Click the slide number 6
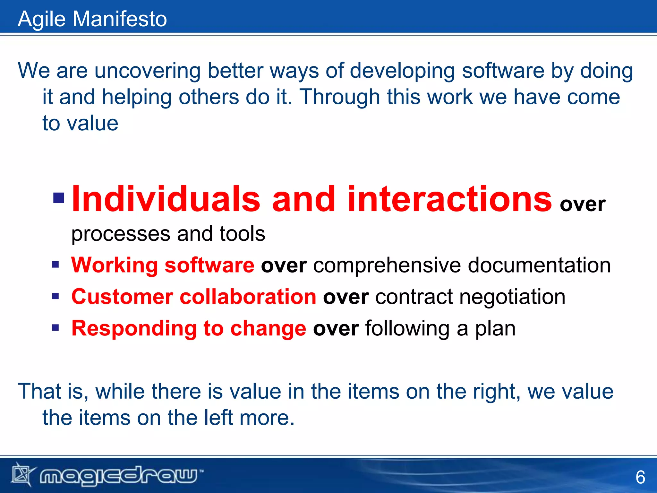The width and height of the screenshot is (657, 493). point(640,477)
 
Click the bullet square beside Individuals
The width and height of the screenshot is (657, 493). point(59,198)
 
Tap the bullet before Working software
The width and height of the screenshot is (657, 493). point(55,265)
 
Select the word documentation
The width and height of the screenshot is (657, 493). point(539,265)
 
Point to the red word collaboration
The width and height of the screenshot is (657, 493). point(248,296)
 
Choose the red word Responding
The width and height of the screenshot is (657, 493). point(134,328)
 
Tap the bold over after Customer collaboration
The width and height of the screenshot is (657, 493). point(346,297)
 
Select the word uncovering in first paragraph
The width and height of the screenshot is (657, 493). point(148,71)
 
